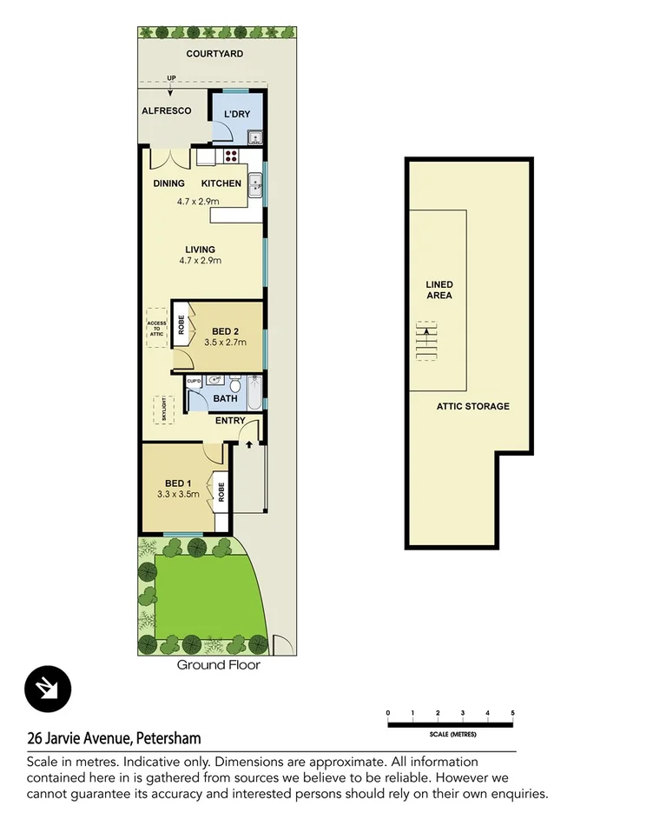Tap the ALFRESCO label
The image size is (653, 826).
(x=166, y=111)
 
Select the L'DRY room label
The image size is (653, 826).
(x=237, y=115)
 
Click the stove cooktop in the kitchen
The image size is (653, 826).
(x=232, y=157)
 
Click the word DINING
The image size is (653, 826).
(x=168, y=183)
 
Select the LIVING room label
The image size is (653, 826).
(x=200, y=250)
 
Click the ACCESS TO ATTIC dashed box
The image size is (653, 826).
(x=157, y=328)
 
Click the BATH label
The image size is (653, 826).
(x=225, y=399)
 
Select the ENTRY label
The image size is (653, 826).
(x=229, y=421)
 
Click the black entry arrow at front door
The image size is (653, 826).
(x=249, y=444)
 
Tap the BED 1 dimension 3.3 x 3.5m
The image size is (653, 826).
(x=178, y=495)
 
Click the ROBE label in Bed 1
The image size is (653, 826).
(x=221, y=493)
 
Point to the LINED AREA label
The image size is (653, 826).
(x=439, y=290)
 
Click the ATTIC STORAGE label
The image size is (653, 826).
(x=472, y=406)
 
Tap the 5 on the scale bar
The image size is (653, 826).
(x=512, y=713)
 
